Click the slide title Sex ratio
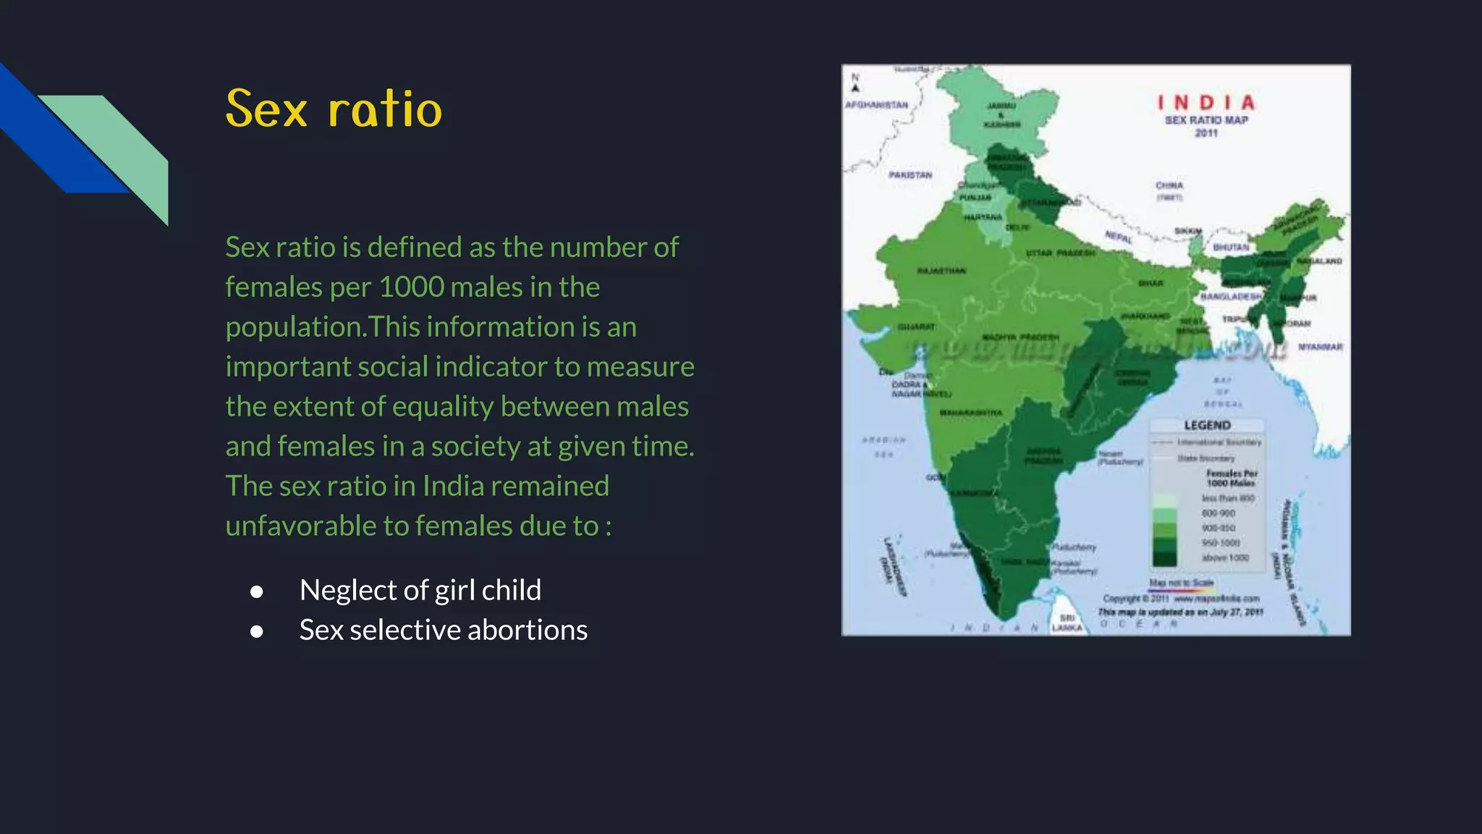click(334, 109)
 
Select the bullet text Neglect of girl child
click(420, 590)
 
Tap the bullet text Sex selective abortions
click(443, 630)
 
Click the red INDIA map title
click(1206, 103)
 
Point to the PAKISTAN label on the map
click(910, 175)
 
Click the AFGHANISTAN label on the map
click(876, 105)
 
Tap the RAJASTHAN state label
click(941, 271)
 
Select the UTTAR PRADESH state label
click(1060, 253)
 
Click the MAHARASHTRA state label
click(970, 413)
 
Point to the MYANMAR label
click(1320, 347)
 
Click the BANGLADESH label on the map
click(1231, 297)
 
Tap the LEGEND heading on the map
click(1207, 425)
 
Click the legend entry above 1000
click(1225, 557)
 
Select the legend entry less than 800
click(1228, 498)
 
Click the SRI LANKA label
click(1067, 623)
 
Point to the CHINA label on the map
click(1169, 186)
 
